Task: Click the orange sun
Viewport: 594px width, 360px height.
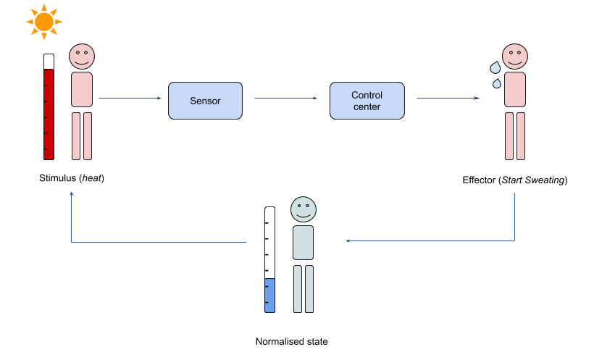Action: click(x=44, y=22)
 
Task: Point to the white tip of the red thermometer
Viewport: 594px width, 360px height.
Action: click(x=49, y=62)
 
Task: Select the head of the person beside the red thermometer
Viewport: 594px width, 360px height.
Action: click(x=82, y=56)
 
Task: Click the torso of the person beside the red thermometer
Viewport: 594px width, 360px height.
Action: click(x=82, y=89)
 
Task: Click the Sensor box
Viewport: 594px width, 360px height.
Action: click(x=205, y=101)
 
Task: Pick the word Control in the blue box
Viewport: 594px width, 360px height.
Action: click(x=367, y=95)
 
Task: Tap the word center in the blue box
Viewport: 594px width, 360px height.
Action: click(x=367, y=107)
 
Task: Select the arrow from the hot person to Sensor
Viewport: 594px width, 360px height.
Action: click(x=130, y=98)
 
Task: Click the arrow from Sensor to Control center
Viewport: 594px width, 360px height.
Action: click(x=286, y=98)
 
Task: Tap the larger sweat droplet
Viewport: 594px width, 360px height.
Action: click(x=495, y=67)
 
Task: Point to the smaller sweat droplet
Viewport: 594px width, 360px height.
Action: click(x=497, y=84)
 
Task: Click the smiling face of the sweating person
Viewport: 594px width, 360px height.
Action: click(x=515, y=56)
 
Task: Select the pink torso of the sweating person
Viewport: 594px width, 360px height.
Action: click(x=515, y=89)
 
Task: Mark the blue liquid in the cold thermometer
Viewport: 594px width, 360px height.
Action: click(x=269, y=296)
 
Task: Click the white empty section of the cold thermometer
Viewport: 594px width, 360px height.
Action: click(x=269, y=243)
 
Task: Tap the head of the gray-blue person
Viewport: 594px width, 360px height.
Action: click(x=304, y=209)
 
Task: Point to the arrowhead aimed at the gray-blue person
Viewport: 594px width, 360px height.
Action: click(x=348, y=240)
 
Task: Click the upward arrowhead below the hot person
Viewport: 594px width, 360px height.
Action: click(x=71, y=194)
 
